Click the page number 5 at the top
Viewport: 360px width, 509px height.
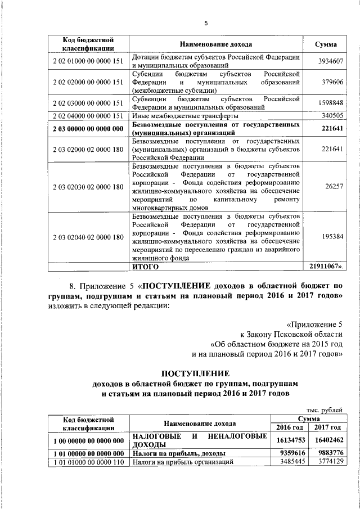[206, 23]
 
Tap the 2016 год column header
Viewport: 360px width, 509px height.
[289, 427]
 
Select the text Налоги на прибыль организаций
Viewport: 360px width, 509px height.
[182, 462]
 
